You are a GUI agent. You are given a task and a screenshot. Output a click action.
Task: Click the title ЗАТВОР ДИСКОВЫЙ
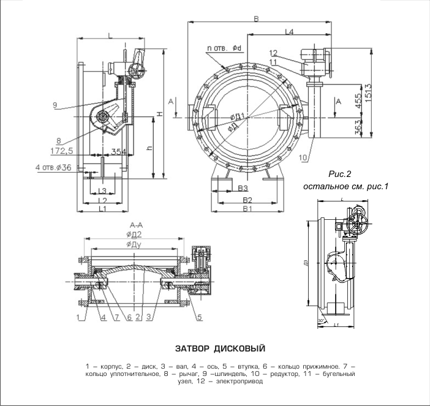[220, 349]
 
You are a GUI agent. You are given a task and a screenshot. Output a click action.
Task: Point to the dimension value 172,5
[62, 150]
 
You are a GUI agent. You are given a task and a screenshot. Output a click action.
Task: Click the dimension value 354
[121, 151]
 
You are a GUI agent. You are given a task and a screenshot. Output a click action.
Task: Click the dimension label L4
[290, 31]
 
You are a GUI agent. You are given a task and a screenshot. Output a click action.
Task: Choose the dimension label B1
[247, 209]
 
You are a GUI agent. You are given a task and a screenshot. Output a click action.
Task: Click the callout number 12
[273, 53]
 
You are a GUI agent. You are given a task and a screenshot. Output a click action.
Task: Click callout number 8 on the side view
[59, 140]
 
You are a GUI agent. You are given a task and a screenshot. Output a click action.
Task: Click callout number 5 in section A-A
[200, 317]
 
